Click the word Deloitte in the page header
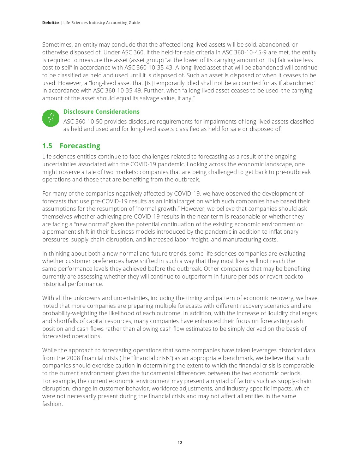coord(50,23)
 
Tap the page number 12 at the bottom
coord(180,443)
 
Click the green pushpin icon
coord(51,118)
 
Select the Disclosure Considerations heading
coord(101,112)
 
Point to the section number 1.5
coord(47,146)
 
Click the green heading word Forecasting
coord(80,146)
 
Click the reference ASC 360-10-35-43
coord(149,67)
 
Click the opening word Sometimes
coord(57,44)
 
